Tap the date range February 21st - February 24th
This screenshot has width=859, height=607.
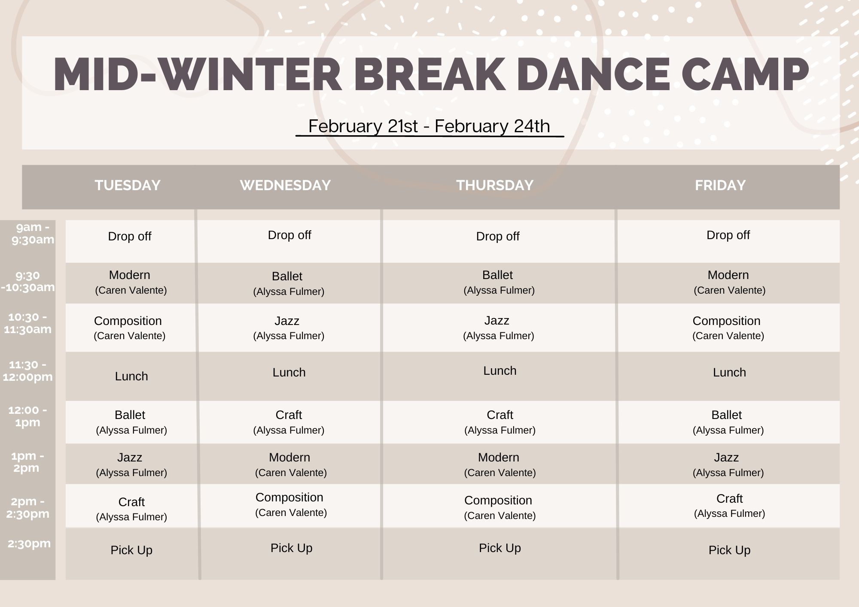429,126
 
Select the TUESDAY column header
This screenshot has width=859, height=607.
128,185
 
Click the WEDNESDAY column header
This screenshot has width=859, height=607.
285,185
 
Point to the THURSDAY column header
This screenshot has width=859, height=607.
495,185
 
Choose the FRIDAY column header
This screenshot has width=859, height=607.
720,185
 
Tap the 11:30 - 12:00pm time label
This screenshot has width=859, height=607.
28,371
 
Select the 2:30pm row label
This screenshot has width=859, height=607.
29,543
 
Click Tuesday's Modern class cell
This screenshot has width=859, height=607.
130,282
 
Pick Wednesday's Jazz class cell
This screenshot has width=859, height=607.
288,328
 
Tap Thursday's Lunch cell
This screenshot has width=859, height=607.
500,371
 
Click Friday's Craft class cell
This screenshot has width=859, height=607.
729,505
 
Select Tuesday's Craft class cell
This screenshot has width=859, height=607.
131,509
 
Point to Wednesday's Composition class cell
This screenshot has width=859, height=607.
290,504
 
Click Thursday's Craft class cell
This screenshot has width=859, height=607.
500,422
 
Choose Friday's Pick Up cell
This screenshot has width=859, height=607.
729,550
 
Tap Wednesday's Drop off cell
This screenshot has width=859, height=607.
289,235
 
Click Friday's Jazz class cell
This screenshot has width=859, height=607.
728,464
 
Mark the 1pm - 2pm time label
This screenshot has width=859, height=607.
27,462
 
